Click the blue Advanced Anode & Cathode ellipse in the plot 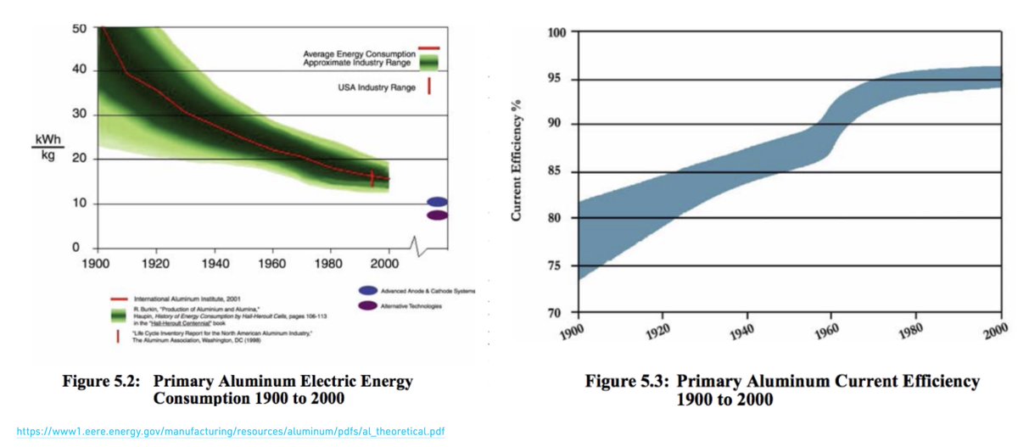tap(437, 202)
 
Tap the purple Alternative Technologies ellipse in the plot tap(437, 215)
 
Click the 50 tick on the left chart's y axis tap(77, 28)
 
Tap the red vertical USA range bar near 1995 tap(372, 179)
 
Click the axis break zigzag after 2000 tap(415, 247)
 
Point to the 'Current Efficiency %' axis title tap(516, 160)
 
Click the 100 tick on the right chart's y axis tap(557, 33)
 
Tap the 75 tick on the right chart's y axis tap(560, 266)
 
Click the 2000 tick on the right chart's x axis tap(994, 328)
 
